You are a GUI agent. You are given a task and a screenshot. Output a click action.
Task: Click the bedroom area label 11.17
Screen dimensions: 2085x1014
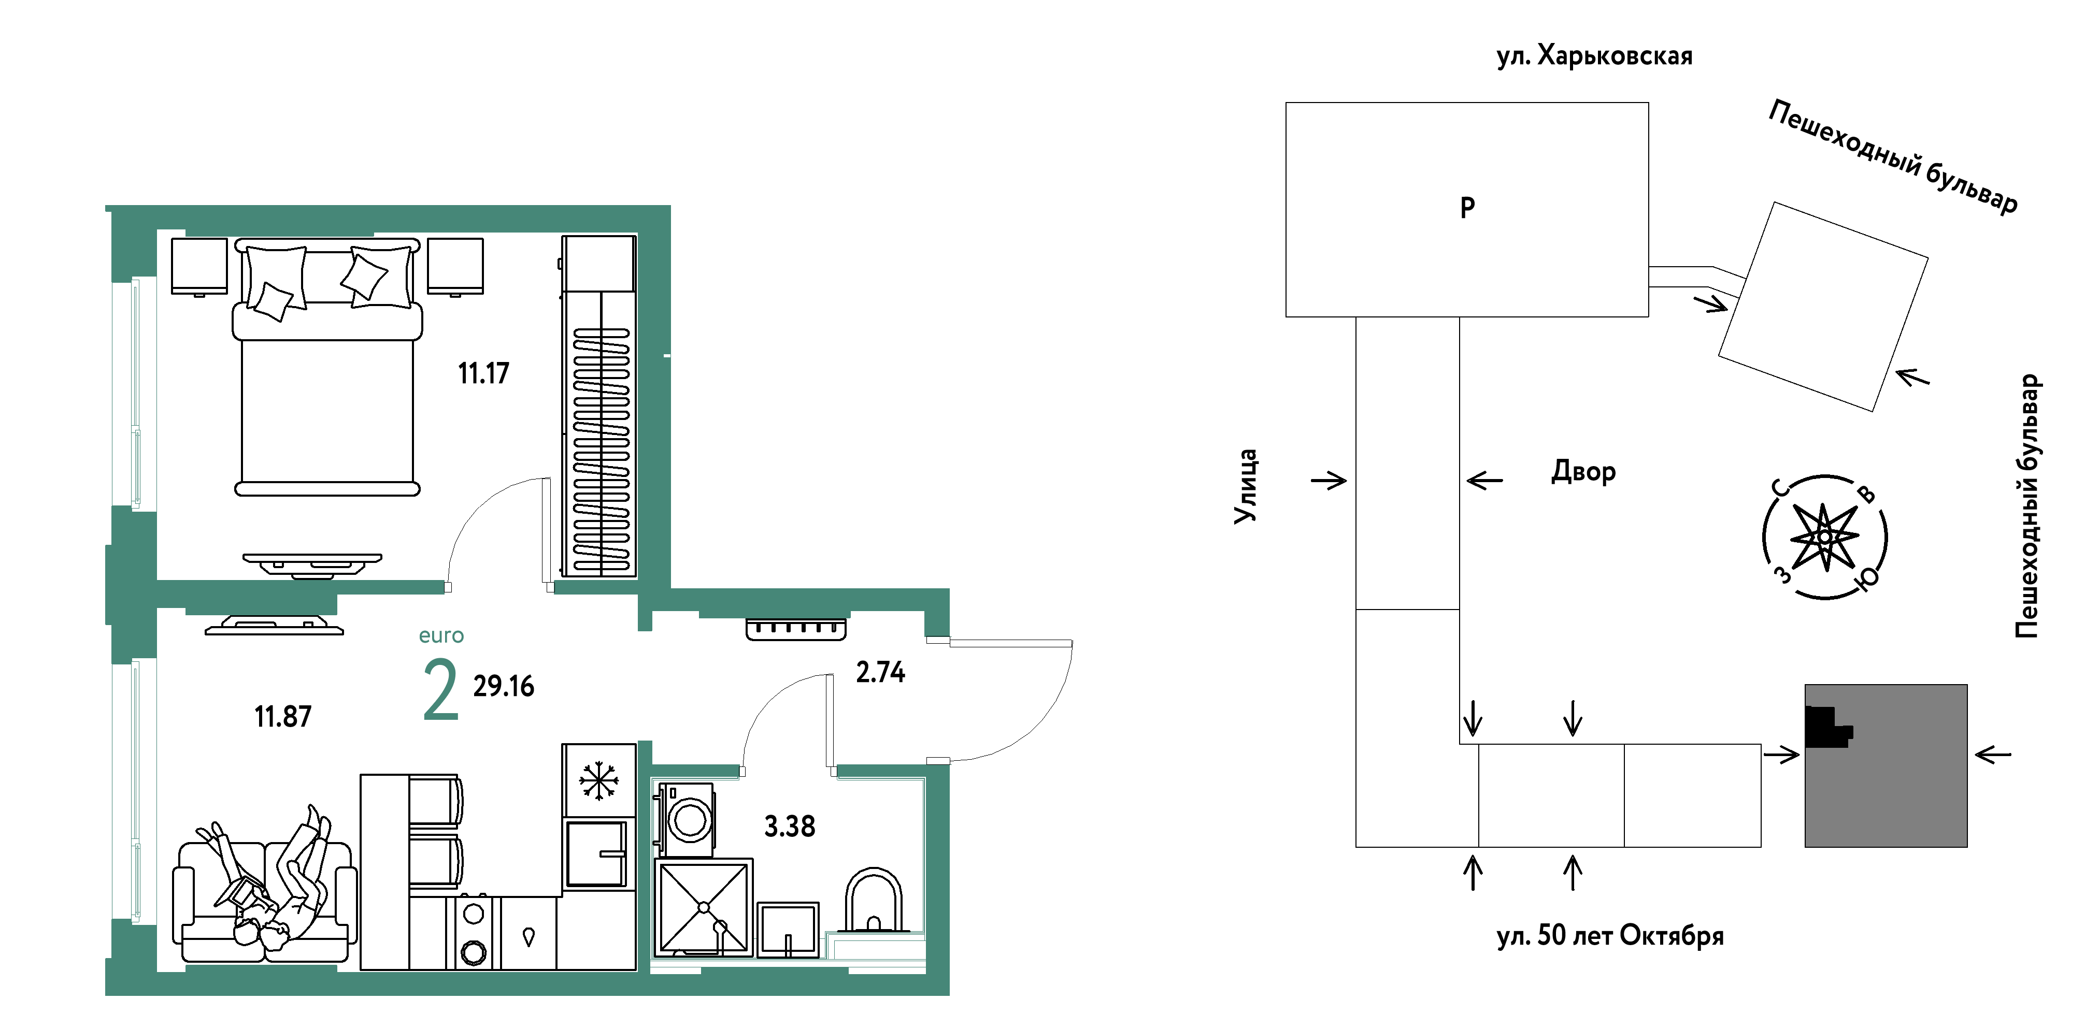pyautogui.click(x=483, y=373)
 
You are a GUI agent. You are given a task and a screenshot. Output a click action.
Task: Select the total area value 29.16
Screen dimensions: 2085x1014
pyautogui.click(x=504, y=686)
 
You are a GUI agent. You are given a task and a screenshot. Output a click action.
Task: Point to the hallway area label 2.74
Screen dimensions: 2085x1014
pyautogui.click(x=881, y=672)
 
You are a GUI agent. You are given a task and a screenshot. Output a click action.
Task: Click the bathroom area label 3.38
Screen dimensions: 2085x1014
pyautogui.click(x=790, y=826)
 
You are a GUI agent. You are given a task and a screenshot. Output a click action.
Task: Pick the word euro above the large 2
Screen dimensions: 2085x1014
pyautogui.click(x=441, y=635)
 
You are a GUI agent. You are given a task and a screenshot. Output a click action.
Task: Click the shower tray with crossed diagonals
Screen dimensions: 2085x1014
pyautogui.click(x=703, y=907)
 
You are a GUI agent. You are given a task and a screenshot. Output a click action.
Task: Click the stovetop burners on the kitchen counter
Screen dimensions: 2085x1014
pyautogui.click(x=474, y=932)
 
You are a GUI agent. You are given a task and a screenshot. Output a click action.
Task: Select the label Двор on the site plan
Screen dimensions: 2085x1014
pyautogui.click(x=1583, y=472)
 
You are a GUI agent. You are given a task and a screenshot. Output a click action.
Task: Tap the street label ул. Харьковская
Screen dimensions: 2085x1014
pyautogui.click(x=1594, y=56)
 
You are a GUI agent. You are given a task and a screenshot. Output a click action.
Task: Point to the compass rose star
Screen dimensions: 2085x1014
pyautogui.click(x=1824, y=537)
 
